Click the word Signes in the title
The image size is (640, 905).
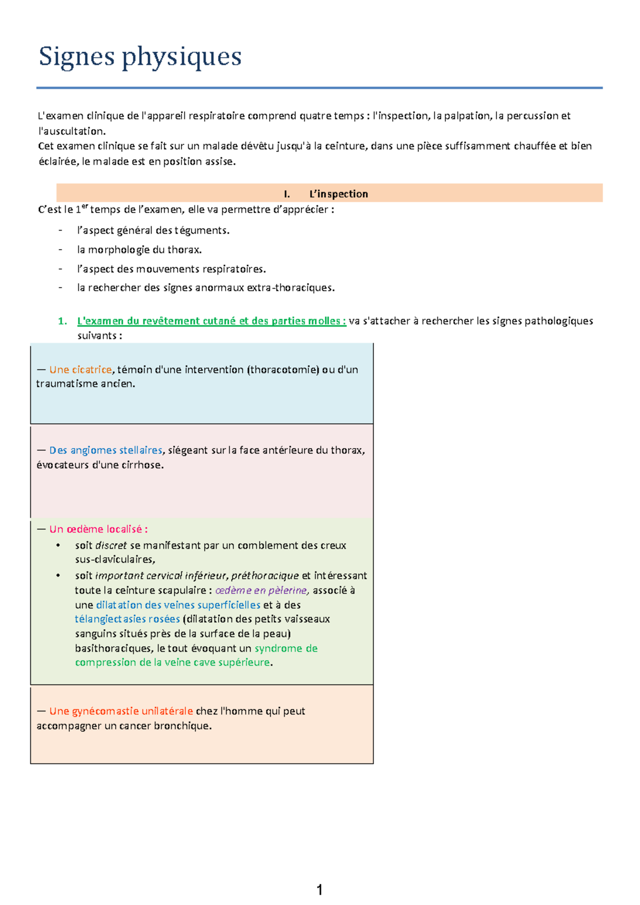click(x=77, y=57)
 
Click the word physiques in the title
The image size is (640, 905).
click(x=182, y=57)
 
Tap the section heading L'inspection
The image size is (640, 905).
click(x=339, y=194)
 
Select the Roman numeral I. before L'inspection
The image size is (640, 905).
click(x=287, y=194)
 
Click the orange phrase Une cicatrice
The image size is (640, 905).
click(x=81, y=369)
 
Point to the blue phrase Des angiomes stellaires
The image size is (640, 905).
click(x=106, y=450)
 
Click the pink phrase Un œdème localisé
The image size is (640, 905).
click(x=98, y=529)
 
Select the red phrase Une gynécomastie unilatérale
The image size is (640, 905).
click(x=121, y=711)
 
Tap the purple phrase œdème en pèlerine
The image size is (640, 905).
click(x=261, y=590)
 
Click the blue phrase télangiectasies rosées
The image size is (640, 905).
click(x=127, y=619)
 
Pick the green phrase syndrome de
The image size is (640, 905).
click(x=286, y=648)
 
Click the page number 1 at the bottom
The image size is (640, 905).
click(x=319, y=890)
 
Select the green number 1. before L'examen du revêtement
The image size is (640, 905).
click(x=62, y=321)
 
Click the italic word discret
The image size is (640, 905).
click(x=111, y=545)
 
